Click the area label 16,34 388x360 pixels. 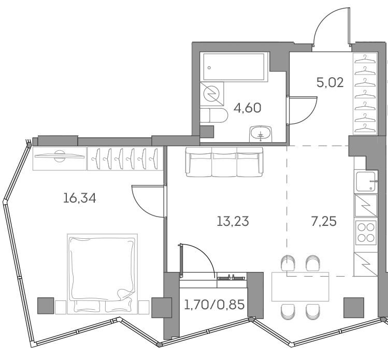80,198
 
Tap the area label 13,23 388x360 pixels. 233,222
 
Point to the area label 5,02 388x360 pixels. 329,82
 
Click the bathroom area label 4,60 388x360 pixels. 247,108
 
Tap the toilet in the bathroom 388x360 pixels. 212,116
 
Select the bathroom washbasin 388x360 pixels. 261,134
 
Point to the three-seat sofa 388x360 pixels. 224,162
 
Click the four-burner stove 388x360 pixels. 365,232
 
